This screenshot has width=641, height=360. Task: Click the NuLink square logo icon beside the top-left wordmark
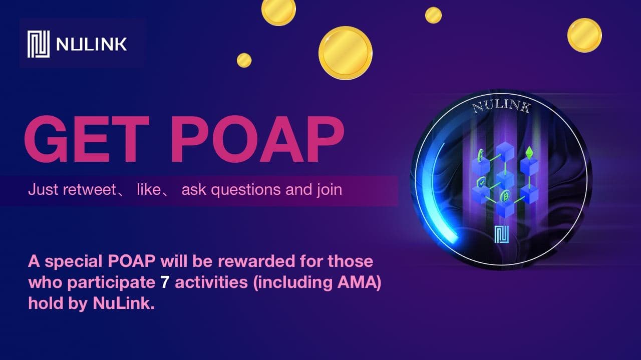tap(39, 44)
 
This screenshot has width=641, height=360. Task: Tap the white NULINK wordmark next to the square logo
tap(92, 45)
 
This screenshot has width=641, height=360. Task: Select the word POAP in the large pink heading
tap(257, 139)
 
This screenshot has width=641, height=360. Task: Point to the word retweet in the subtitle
tap(89, 189)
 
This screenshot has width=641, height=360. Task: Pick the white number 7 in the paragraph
tap(165, 282)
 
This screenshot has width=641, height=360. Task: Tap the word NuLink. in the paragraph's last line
tap(124, 303)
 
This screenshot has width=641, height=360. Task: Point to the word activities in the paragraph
tap(211, 282)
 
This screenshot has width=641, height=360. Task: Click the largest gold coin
tap(346, 53)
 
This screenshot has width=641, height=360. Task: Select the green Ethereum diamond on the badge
tap(529, 153)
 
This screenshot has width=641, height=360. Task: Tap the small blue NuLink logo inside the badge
tap(501, 234)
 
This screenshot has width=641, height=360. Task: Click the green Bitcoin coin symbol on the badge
tap(504, 196)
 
